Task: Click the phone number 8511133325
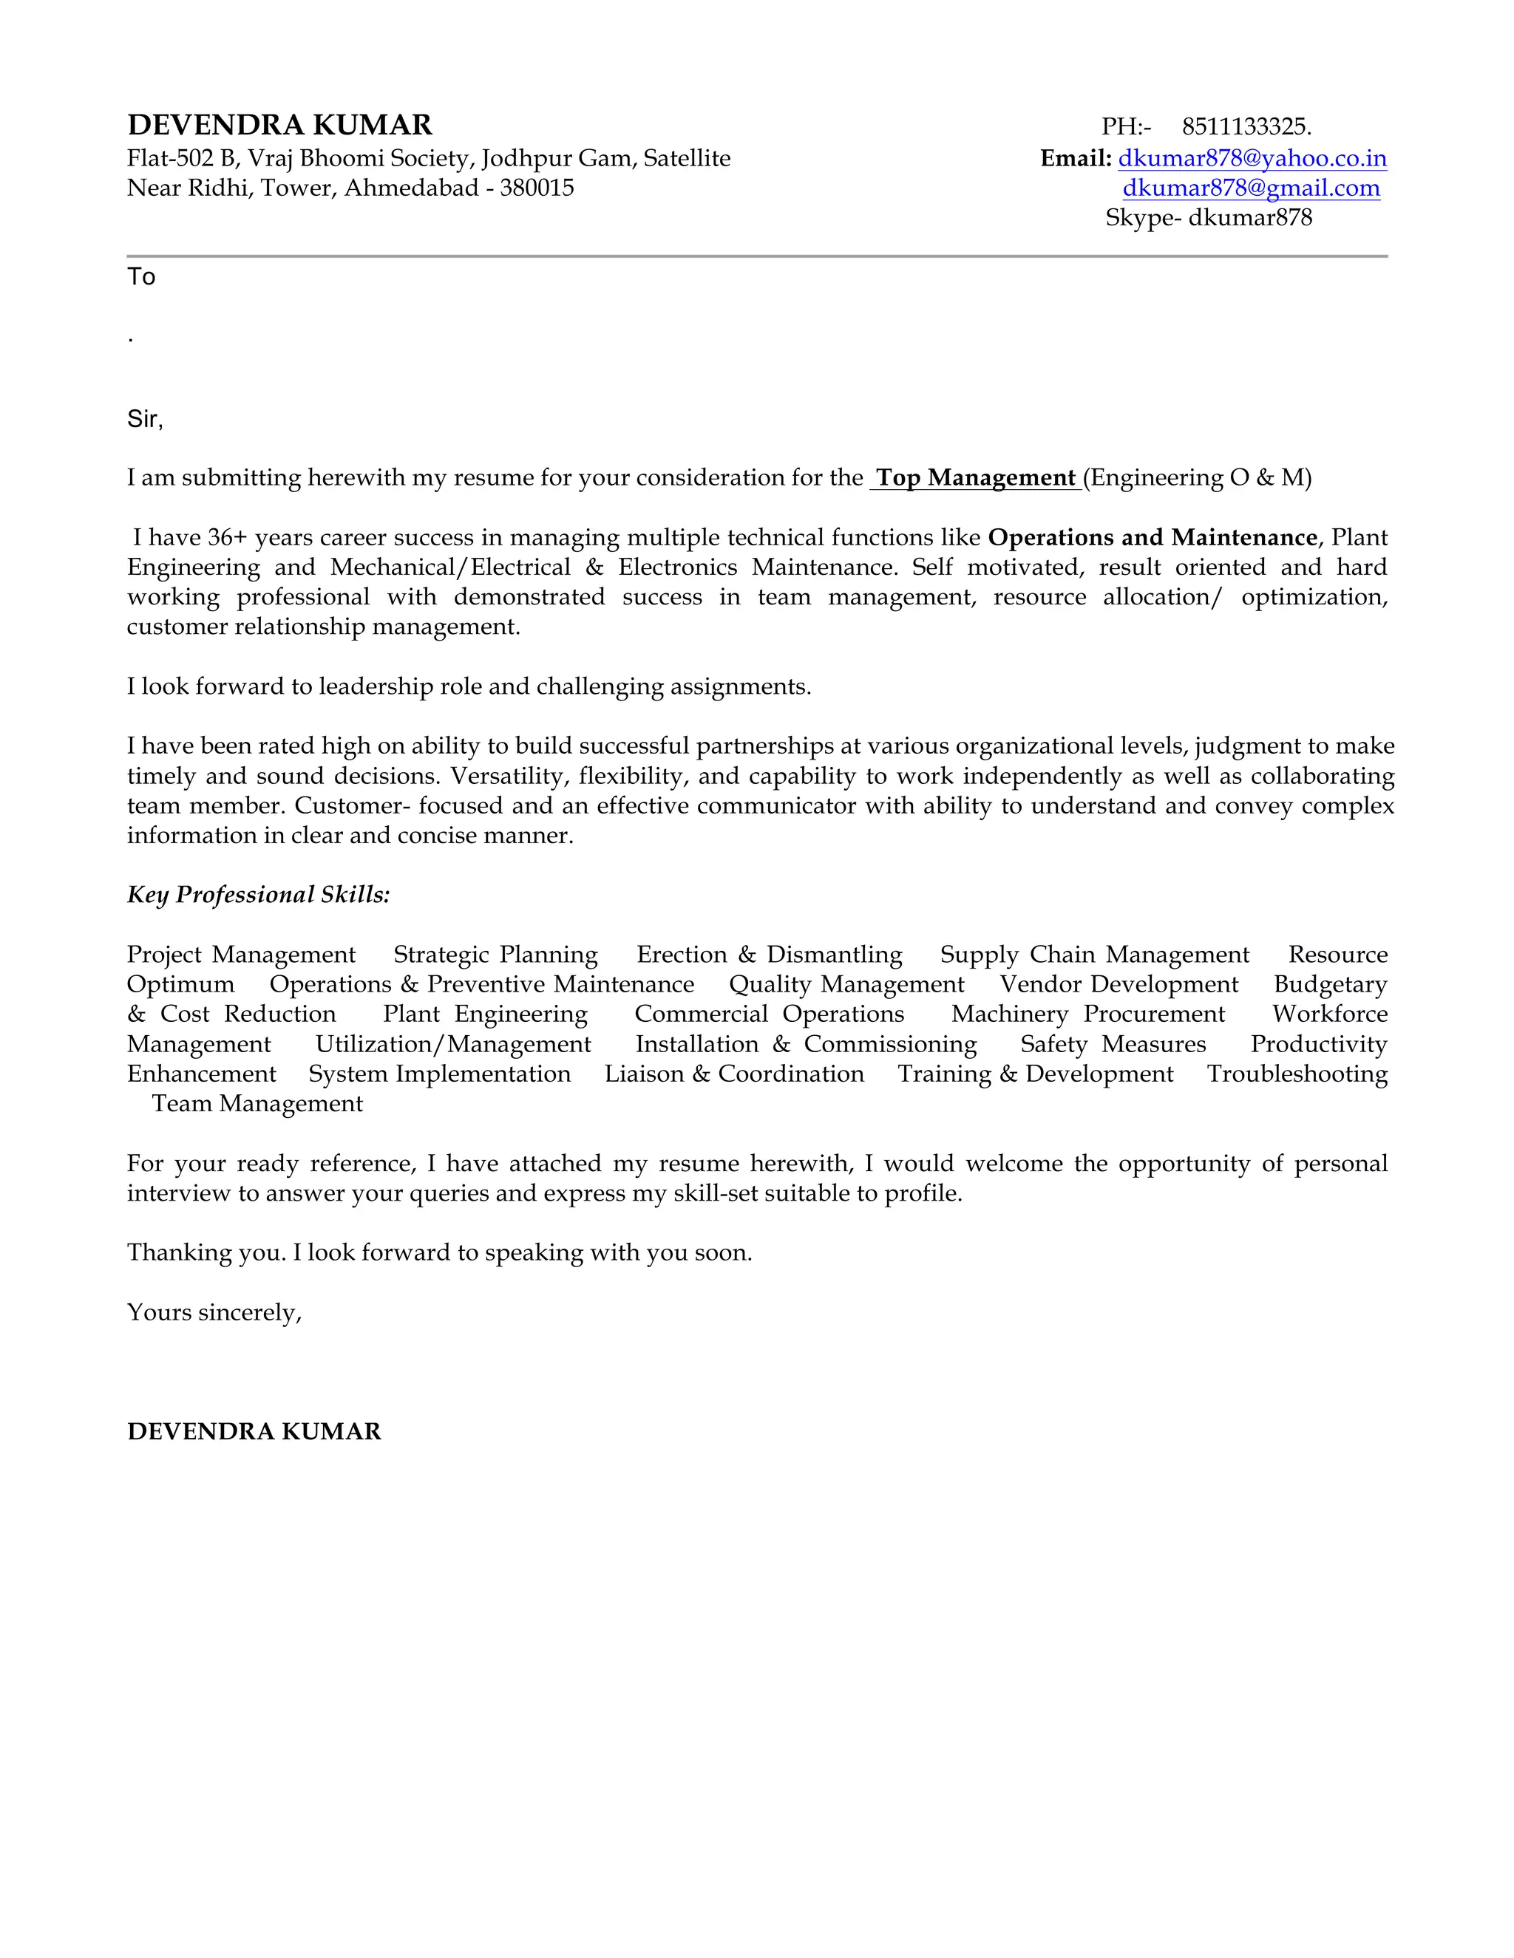(1246, 126)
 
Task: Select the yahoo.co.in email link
(1252, 159)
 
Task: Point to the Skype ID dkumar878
(1249, 218)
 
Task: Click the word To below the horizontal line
(140, 277)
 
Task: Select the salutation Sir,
(144, 420)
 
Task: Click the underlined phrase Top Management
(975, 478)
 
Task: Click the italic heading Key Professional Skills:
(258, 895)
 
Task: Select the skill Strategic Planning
(495, 955)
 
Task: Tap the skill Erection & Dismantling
(769, 955)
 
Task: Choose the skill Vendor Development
(1118, 984)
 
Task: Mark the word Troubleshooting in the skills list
(1296, 1074)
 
